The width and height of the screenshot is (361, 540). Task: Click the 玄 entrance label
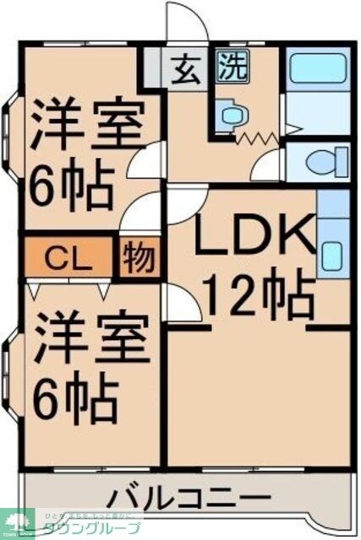(186, 68)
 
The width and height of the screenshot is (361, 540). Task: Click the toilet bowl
(325, 159)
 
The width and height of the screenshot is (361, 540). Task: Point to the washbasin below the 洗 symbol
(228, 114)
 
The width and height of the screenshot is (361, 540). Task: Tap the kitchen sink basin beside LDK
(332, 252)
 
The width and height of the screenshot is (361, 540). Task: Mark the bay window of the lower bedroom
(8, 367)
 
